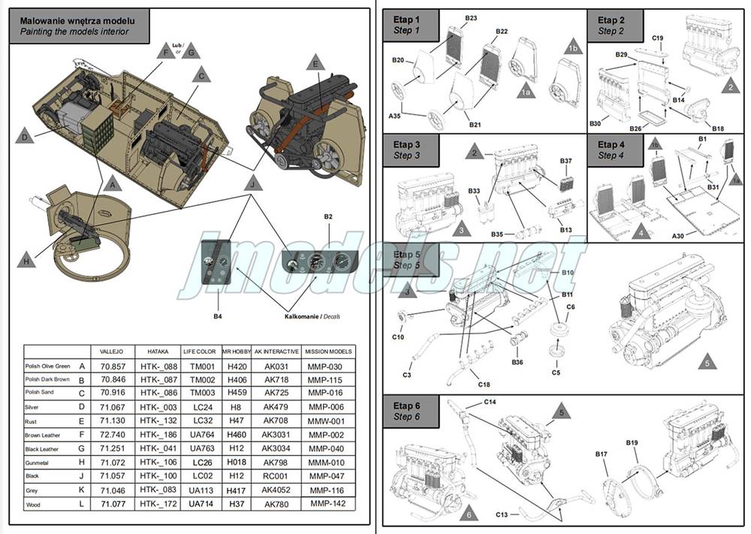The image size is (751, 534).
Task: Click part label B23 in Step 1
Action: point(471,18)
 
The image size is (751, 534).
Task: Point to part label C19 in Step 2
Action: point(657,38)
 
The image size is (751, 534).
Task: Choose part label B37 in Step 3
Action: point(566,161)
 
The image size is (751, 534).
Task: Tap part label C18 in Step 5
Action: point(484,385)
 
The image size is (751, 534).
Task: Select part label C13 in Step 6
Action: point(502,514)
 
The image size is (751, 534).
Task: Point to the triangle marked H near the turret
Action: point(26,261)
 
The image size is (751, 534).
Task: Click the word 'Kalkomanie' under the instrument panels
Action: point(301,317)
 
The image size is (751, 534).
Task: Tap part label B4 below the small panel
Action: point(217,317)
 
